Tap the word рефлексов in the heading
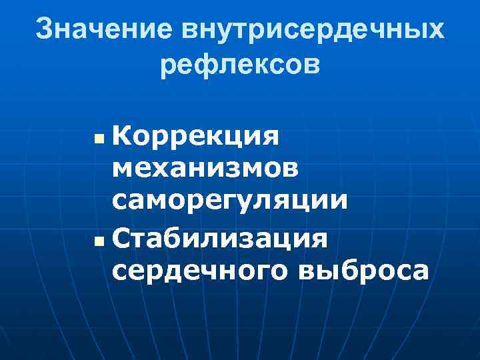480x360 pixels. click(240, 65)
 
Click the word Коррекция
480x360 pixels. click(197, 137)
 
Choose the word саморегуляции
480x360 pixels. click(230, 201)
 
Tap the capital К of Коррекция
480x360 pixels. click(123, 137)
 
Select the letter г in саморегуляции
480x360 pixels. click(237, 201)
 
